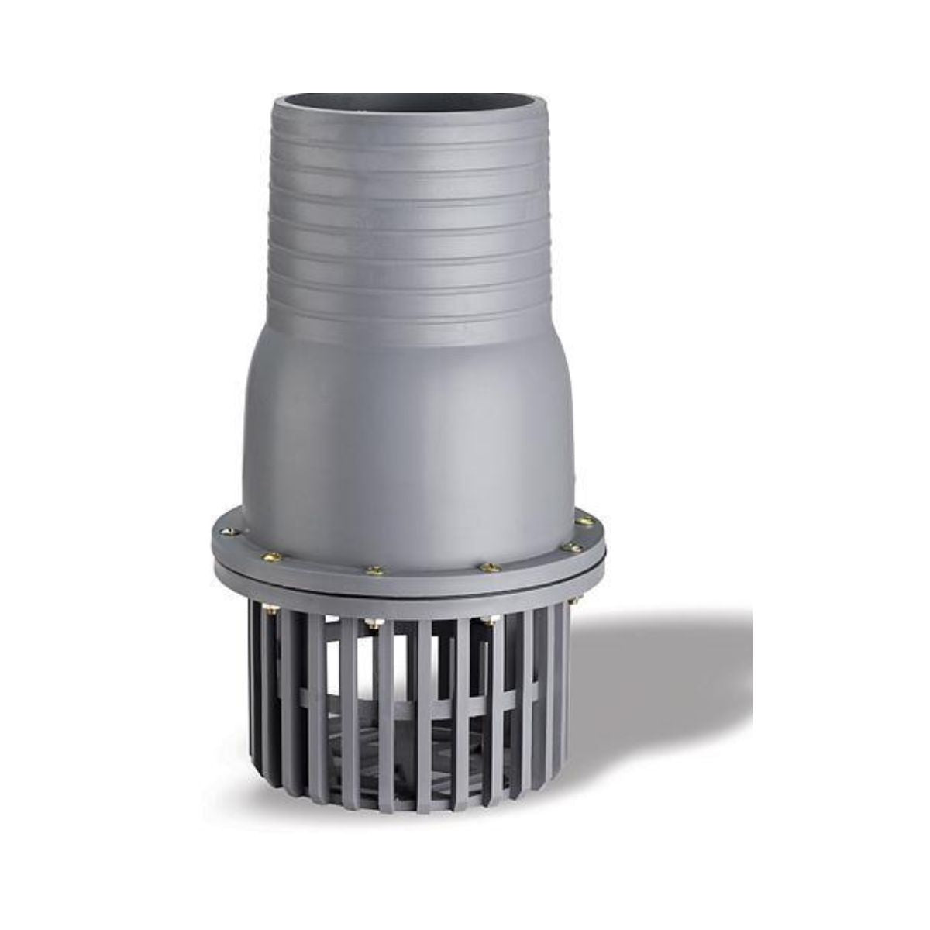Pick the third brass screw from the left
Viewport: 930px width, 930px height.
(376, 570)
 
